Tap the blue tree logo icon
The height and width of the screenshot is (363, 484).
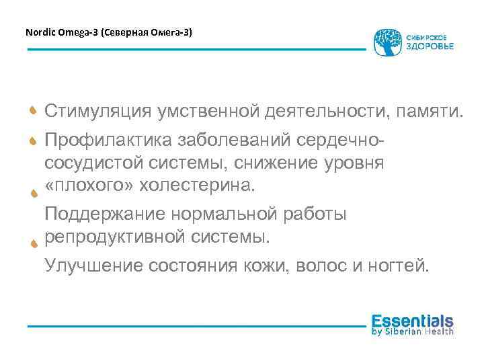point(388,42)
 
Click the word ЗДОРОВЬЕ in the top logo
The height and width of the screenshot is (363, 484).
point(430,46)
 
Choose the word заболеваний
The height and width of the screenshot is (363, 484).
point(214,140)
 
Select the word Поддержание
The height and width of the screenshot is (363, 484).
point(104,215)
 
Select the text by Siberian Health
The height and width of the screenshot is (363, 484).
point(412,331)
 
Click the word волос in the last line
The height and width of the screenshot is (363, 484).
point(316,266)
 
